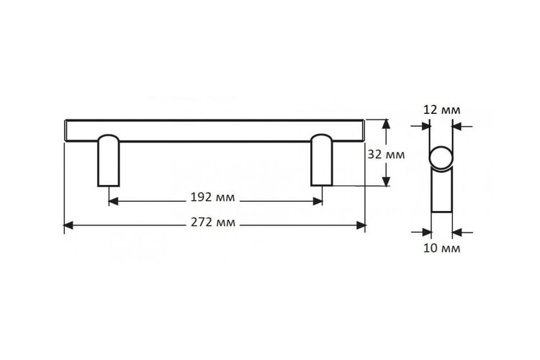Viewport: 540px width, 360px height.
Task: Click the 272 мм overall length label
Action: (213, 222)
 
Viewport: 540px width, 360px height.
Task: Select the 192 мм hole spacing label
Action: (212, 197)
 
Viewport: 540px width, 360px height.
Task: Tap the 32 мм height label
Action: (386, 154)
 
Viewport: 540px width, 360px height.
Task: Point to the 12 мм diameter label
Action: (441, 110)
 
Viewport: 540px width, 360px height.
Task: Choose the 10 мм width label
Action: (441, 248)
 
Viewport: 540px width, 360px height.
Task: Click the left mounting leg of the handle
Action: (109, 161)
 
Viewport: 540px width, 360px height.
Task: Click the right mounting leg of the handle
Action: (322, 160)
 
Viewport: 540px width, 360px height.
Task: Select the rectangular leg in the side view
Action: (442, 190)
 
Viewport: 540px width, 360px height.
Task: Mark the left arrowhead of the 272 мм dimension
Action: (68, 225)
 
